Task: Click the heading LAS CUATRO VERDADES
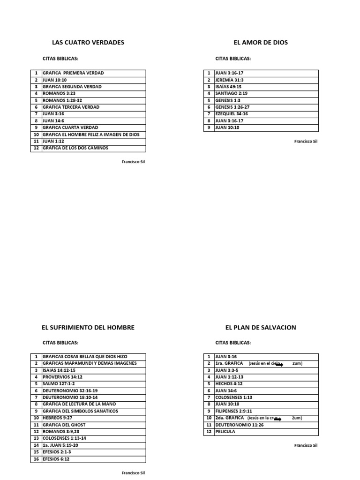[x=88, y=43]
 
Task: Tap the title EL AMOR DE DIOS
[x=261, y=43]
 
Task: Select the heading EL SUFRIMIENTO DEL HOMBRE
[x=88, y=328]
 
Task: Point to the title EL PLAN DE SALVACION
[x=261, y=328]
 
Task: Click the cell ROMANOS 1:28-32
[x=62, y=100]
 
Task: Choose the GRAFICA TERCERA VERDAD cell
[x=71, y=107]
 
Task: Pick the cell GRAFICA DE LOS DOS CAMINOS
[x=75, y=148]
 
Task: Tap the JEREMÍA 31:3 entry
[x=229, y=80]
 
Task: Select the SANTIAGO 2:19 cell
[x=231, y=94]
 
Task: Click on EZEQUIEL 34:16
[x=231, y=114]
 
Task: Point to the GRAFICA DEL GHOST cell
[x=64, y=425]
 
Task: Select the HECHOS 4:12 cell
[x=229, y=384]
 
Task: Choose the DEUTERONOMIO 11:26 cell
[x=237, y=425]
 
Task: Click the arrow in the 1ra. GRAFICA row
[x=279, y=364]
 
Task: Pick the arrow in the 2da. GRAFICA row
[x=277, y=419]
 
